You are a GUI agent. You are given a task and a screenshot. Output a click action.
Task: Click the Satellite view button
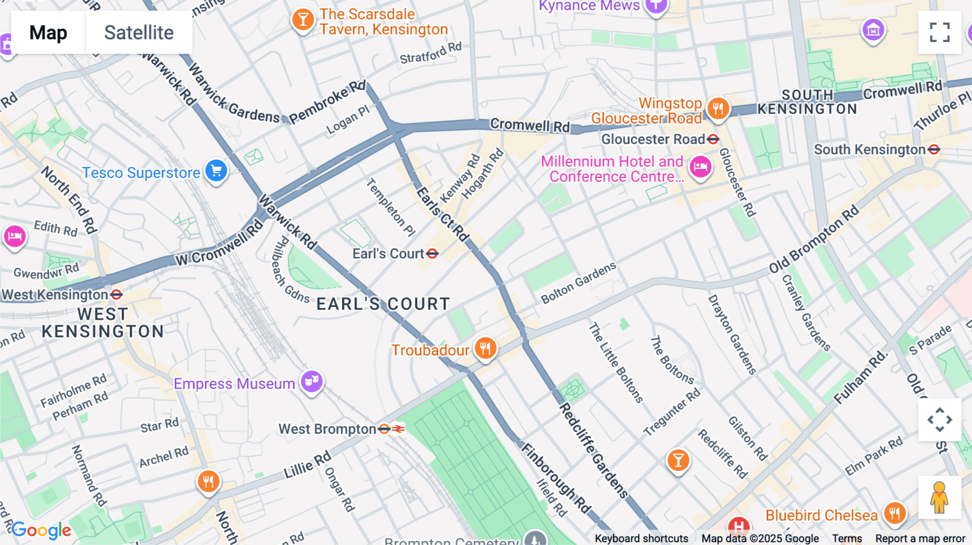139,33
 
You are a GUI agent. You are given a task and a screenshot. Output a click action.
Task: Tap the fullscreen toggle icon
940,32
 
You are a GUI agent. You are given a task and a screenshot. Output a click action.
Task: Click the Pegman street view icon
939,498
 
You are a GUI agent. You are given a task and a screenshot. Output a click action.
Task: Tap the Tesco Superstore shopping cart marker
217,171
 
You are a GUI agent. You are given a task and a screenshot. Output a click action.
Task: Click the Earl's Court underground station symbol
432,254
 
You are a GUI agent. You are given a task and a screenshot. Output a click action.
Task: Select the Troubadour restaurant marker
485,348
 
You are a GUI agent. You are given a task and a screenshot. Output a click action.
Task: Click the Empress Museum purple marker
312,381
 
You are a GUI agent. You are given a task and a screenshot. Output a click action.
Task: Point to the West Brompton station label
327,429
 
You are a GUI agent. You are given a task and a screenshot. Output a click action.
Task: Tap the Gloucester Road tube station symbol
713,139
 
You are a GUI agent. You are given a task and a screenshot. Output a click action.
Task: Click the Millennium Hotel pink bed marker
700,166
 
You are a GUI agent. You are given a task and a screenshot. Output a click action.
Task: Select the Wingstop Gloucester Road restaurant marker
718,108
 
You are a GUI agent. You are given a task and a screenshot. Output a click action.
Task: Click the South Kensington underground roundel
934,149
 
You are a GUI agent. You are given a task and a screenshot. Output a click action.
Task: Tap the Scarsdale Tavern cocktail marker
303,20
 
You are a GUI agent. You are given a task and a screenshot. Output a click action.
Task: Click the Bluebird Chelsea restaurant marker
894,513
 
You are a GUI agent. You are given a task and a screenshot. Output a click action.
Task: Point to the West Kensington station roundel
116,295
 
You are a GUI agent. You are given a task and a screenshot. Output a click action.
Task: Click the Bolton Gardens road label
578,283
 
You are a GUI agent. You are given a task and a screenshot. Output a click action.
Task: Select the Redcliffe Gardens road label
593,450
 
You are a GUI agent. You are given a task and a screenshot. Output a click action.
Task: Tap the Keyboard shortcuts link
641,539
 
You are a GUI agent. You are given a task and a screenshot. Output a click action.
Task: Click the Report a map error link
920,539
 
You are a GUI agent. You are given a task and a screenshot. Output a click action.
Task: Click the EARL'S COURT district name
383,304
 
